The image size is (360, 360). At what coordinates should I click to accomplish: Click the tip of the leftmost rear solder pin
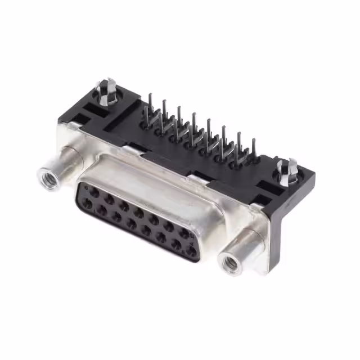[150, 97]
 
